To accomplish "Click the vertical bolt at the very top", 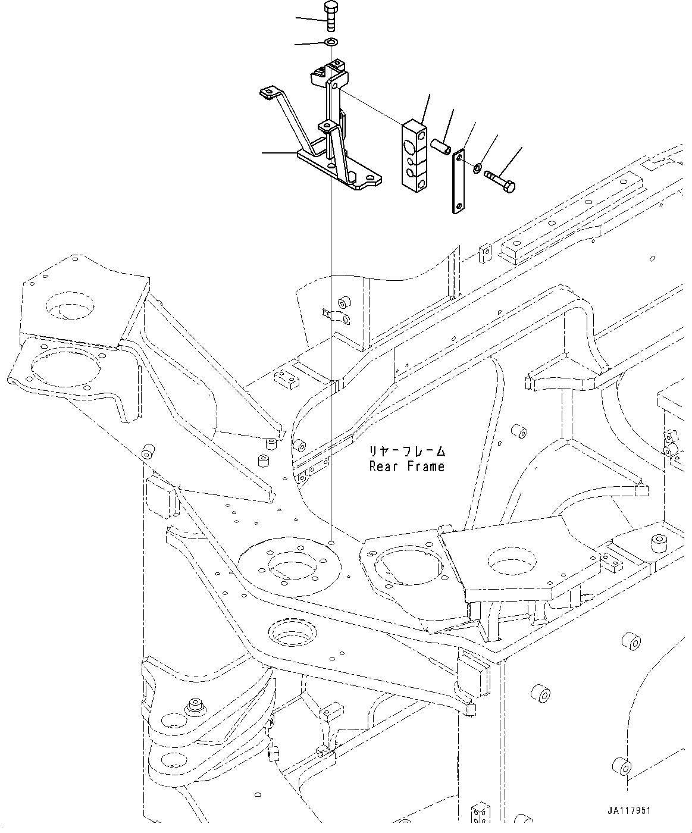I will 330,17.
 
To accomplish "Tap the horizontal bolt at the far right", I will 502,180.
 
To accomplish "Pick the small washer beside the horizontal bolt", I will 477,169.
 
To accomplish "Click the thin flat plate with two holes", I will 458,181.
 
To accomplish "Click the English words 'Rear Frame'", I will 406,466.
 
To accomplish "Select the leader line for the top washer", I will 310,43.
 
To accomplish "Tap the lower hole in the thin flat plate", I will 459,206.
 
